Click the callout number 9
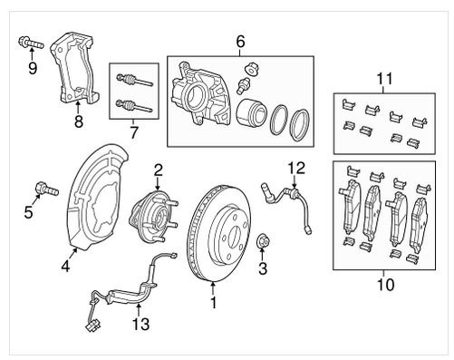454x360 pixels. (33, 68)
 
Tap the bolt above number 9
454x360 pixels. (31, 44)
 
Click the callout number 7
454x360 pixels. (133, 132)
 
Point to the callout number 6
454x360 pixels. (240, 42)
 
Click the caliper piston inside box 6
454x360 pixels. (252, 112)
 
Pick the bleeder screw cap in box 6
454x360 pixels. (249, 69)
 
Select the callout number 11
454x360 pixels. (385, 78)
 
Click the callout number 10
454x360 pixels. (386, 285)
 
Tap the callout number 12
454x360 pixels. (296, 168)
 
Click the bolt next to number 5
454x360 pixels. (47, 190)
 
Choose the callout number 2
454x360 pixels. (158, 170)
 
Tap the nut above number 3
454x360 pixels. (263, 241)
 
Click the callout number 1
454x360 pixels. (214, 303)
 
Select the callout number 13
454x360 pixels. (140, 324)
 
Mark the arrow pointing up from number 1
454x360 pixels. (213, 288)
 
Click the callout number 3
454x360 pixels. (263, 268)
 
